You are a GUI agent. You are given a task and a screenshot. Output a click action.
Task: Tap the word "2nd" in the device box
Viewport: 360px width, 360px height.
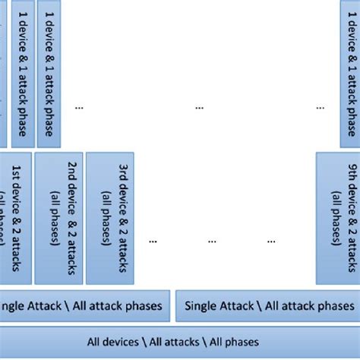[71, 174]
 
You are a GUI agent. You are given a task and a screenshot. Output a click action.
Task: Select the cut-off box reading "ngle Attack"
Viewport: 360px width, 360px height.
[84, 306]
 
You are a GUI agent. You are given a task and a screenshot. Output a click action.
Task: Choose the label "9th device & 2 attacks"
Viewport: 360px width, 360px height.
[352, 225]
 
